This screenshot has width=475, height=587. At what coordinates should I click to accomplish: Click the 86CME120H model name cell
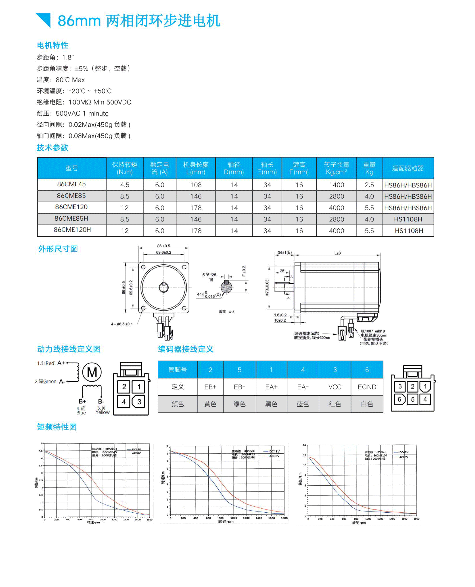[72, 230]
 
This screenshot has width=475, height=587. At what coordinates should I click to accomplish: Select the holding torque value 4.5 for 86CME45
[124, 185]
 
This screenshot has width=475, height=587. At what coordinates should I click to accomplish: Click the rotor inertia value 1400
[336, 185]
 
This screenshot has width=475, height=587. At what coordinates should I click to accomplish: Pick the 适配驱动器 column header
[408, 168]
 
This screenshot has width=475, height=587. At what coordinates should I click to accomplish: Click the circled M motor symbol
[92, 372]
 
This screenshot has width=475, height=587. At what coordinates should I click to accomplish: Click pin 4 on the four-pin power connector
[124, 402]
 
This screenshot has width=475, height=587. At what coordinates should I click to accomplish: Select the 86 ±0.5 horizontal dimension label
[164, 246]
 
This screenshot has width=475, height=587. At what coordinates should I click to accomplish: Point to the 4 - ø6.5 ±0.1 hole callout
[122, 324]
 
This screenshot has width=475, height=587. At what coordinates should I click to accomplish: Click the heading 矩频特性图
[57, 427]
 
